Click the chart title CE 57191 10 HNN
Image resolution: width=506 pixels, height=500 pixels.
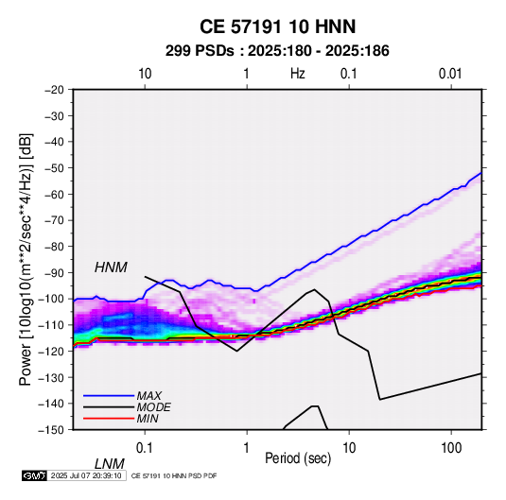(x=277, y=26)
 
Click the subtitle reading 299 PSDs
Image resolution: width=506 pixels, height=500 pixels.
(x=200, y=51)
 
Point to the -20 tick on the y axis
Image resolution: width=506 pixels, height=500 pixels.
(x=54, y=90)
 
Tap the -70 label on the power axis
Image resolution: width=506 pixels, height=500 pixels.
(x=54, y=220)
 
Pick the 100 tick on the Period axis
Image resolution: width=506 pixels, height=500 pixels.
(x=451, y=448)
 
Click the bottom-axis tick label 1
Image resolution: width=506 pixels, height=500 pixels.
(x=247, y=448)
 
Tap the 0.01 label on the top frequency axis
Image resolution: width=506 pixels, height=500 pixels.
(x=450, y=74)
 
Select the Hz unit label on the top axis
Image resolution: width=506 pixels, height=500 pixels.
(x=298, y=74)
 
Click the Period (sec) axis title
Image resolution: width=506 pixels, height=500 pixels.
(x=298, y=458)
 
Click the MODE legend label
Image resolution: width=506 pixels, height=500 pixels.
(x=153, y=407)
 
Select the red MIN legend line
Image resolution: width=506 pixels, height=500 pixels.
(x=109, y=419)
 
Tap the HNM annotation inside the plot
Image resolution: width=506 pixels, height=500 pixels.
(x=111, y=267)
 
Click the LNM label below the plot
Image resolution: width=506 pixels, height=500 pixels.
(x=109, y=464)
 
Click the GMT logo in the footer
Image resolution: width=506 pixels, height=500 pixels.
(x=34, y=475)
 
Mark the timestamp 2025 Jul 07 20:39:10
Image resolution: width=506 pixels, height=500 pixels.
(x=86, y=475)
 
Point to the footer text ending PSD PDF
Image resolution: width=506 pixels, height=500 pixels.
(x=174, y=475)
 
